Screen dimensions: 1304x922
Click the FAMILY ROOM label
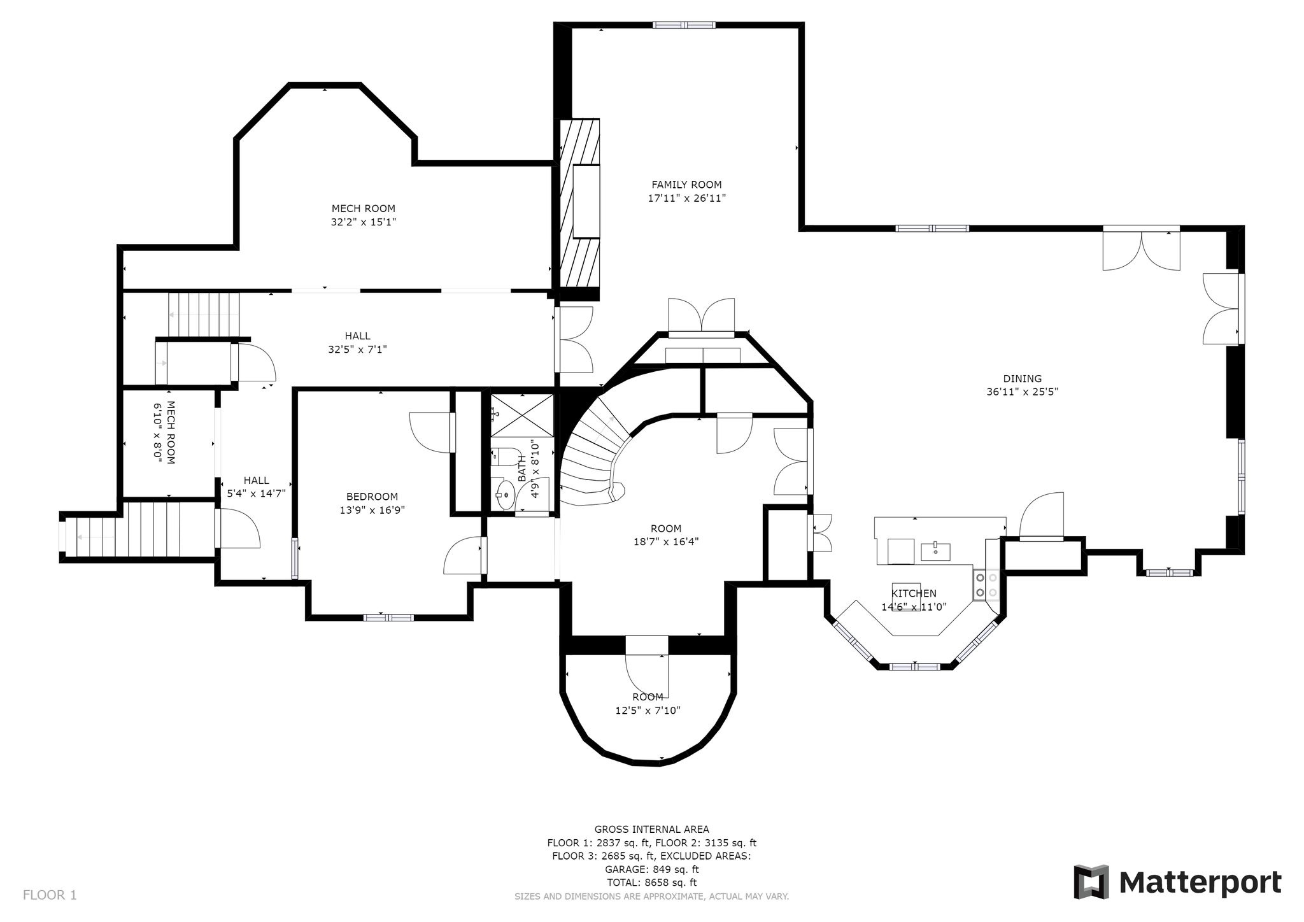[x=686, y=185]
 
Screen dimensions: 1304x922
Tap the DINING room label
[x=1023, y=378]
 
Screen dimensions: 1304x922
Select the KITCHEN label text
[x=914, y=593]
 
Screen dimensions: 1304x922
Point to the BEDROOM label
[x=372, y=497]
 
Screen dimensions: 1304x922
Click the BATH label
[x=522, y=468]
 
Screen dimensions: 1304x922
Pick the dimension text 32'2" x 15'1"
[x=364, y=222]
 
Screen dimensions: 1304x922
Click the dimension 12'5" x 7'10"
[x=648, y=711]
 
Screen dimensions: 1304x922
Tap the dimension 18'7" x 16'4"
[x=666, y=542]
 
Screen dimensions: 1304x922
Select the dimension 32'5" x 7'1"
[x=357, y=350]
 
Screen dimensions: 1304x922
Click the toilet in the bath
[x=507, y=457]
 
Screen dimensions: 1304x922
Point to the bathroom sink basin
[x=505, y=495]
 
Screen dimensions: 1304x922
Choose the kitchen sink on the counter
[x=935, y=551]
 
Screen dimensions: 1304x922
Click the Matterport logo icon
[x=1091, y=882]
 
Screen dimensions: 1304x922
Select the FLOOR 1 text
[x=50, y=895]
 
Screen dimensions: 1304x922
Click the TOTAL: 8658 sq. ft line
[x=651, y=883]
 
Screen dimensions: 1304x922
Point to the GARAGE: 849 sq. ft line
[x=651, y=869]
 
